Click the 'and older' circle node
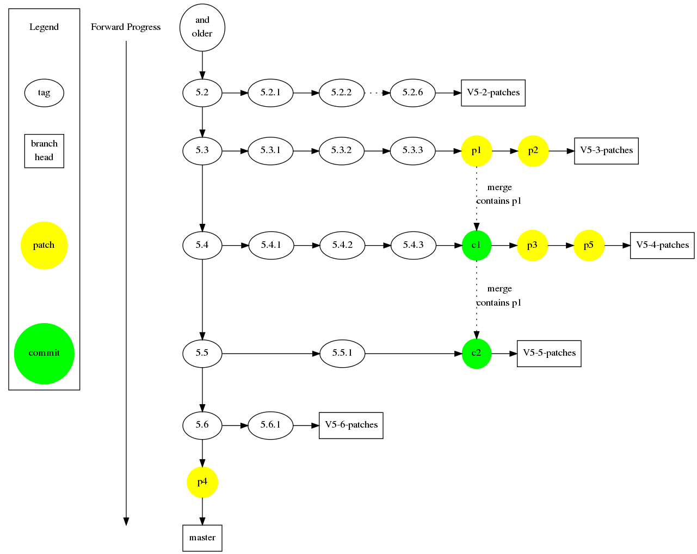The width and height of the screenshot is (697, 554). tap(202, 28)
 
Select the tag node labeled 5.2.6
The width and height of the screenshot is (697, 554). tap(412, 93)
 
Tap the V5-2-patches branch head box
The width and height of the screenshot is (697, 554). tap(493, 93)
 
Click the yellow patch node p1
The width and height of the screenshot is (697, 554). tap(476, 151)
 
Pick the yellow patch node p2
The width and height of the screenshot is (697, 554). tap(533, 151)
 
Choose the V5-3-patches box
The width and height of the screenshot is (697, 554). tap(606, 151)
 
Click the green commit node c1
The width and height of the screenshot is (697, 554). tap(476, 246)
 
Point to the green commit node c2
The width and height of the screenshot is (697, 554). tap(476, 354)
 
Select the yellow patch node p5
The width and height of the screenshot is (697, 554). tap(589, 246)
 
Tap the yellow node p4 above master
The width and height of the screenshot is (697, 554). tap(202, 482)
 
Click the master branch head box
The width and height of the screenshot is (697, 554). tap(202, 538)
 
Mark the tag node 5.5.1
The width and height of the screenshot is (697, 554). tap(342, 354)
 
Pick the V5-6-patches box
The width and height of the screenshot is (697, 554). tap(351, 425)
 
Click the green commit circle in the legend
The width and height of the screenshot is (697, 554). tap(44, 354)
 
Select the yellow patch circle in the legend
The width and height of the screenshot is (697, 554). tap(44, 246)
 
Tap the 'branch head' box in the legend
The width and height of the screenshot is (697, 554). tap(44, 151)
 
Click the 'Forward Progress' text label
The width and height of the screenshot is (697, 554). tap(126, 27)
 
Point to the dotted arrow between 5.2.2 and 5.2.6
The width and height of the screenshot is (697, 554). tap(377, 93)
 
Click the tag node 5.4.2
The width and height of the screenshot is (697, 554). tap(342, 246)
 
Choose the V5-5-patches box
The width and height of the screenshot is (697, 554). tap(549, 354)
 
